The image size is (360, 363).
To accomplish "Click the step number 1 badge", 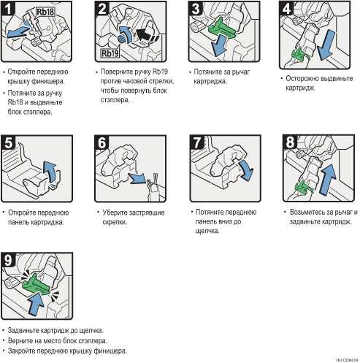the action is tap(8, 9).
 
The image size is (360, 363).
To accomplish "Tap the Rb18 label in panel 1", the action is tap(45, 12).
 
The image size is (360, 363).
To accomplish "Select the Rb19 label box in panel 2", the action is tap(110, 53).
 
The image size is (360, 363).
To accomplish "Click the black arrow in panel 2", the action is tap(147, 35).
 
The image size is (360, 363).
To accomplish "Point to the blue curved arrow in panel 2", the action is tap(126, 34).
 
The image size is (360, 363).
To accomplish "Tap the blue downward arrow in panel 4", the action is tap(326, 45).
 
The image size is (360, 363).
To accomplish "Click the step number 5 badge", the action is tap(9, 142).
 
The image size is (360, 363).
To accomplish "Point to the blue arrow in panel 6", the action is tap(137, 178).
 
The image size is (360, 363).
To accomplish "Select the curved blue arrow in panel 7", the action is tap(247, 169).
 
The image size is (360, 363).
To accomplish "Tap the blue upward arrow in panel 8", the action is tap(327, 180).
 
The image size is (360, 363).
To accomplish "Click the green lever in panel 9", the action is tap(36, 285).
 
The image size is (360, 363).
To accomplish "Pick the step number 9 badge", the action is tap(8, 260).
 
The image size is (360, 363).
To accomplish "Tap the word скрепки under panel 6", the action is tap(115, 222).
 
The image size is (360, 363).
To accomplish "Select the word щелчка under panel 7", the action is tap(207, 231).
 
